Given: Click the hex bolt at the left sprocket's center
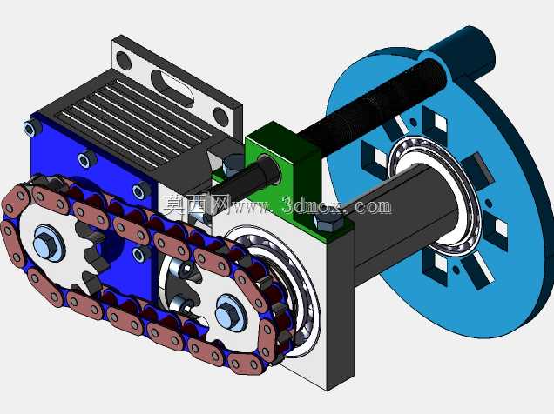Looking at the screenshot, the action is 49,243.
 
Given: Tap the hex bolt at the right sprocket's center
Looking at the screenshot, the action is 231,312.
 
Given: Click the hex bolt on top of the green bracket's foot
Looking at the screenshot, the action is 328,222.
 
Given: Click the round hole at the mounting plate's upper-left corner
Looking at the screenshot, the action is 124,60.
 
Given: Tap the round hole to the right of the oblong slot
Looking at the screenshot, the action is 221,117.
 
